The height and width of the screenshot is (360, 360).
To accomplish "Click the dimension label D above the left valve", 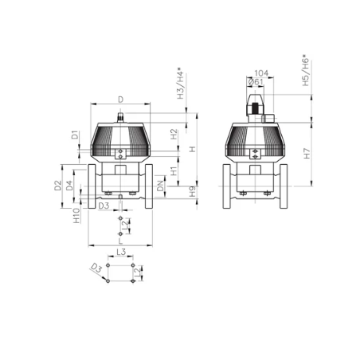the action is pyautogui.click(x=121, y=100).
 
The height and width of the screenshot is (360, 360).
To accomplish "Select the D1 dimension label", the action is pyautogui.click(x=76, y=135).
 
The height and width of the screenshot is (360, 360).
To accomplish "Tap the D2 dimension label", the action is pyautogui.click(x=58, y=186).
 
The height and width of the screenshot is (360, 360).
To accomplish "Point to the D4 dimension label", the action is pyautogui.click(x=69, y=186).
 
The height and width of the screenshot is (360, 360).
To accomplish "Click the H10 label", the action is pyautogui.click(x=76, y=216).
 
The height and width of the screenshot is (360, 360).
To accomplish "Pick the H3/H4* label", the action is pyautogui.click(x=181, y=85).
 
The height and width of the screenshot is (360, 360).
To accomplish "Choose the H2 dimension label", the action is pyautogui.click(x=174, y=134).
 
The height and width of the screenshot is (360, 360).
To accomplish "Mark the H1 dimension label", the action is pyautogui.click(x=174, y=171).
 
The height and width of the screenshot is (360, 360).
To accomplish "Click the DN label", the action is pyautogui.click(x=160, y=186).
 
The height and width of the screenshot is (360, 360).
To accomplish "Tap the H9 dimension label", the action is pyautogui.click(x=193, y=191).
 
